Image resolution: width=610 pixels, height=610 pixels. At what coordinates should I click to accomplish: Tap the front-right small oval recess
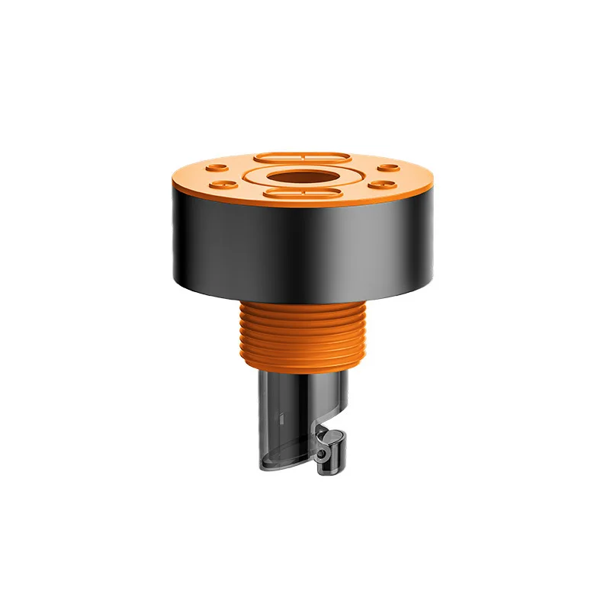379,184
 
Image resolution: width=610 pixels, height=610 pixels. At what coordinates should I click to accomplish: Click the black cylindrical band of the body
301,244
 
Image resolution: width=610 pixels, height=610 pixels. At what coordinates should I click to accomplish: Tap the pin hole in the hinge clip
327,453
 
